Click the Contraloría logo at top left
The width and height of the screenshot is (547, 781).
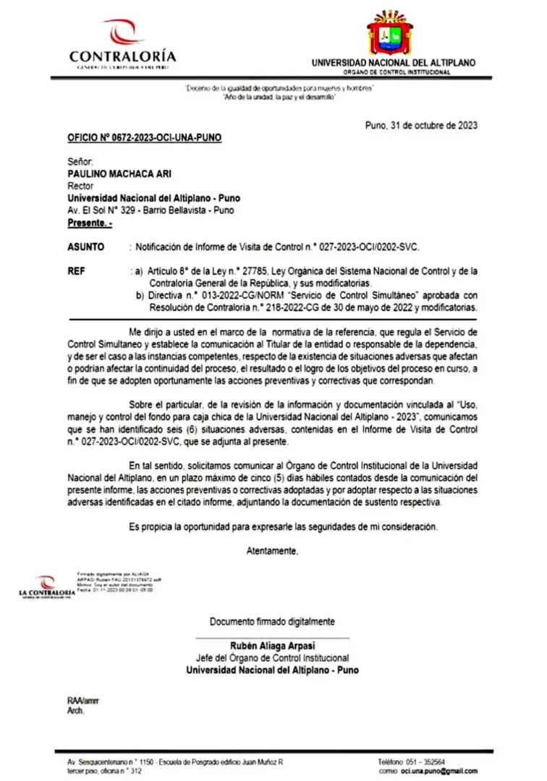pos(122,43)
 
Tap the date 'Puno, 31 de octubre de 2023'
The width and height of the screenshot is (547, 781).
pos(420,124)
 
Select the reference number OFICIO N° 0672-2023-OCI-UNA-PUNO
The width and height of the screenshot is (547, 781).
pos(135,136)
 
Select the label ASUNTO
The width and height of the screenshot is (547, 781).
pos(86,247)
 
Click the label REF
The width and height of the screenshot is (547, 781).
pos(75,272)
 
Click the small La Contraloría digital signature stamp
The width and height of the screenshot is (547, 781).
pos(48,586)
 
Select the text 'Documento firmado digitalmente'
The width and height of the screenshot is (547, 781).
pos(272,621)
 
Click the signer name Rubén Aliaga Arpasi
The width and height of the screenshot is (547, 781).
pos(272,646)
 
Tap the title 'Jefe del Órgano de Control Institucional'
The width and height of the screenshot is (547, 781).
pos(272,658)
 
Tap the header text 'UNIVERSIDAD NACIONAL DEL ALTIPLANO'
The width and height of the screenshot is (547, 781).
pos(394,63)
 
